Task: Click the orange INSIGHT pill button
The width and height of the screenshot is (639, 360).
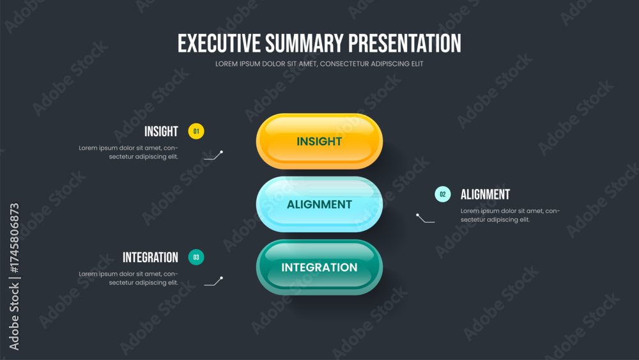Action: [x=319, y=141]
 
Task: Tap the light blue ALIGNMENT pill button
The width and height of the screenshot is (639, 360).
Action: [x=319, y=204]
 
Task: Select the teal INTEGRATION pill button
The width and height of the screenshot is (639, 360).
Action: [x=319, y=267]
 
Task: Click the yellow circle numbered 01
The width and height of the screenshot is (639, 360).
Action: [x=196, y=131]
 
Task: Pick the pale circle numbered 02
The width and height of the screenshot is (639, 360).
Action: [x=443, y=194]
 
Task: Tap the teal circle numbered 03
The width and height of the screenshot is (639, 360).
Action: [x=196, y=257]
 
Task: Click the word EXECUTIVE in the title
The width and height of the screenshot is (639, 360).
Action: [x=219, y=43]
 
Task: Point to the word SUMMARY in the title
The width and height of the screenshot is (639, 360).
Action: [x=304, y=43]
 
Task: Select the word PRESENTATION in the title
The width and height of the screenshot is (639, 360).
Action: [x=404, y=43]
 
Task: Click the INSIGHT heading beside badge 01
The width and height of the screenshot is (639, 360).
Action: [x=162, y=131]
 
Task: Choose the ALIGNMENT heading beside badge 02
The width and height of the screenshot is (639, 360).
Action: [x=486, y=194]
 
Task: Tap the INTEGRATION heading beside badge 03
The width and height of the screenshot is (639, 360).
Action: [x=150, y=257]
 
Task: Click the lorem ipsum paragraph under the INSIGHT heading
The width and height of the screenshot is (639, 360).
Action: [x=128, y=152]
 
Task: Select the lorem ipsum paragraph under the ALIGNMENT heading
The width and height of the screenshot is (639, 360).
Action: [x=510, y=215]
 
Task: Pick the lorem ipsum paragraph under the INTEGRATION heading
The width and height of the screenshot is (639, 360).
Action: [x=128, y=278]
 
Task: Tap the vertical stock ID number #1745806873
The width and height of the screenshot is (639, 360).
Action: [x=14, y=238]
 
